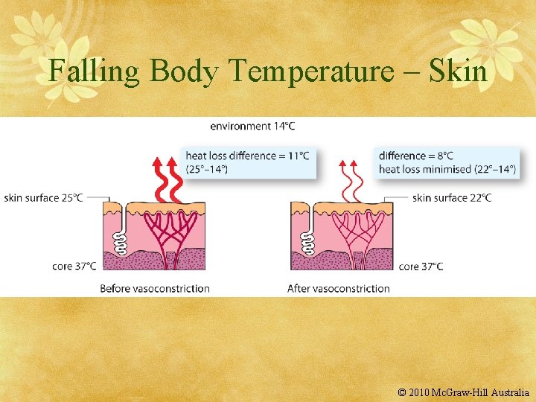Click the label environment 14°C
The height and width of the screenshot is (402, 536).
(x=252, y=127)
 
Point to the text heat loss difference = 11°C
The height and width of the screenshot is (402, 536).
(x=247, y=156)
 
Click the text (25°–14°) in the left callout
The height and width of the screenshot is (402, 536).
(x=207, y=169)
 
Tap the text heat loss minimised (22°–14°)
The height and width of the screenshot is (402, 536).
(x=447, y=169)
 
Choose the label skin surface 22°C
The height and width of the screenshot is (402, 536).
(x=452, y=198)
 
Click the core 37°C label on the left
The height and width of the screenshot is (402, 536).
(x=74, y=266)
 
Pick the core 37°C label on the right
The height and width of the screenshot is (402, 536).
(x=421, y=266)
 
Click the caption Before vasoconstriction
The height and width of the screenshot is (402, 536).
(x=155, y=288)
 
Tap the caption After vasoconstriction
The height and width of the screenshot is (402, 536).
(x=339, y=288)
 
